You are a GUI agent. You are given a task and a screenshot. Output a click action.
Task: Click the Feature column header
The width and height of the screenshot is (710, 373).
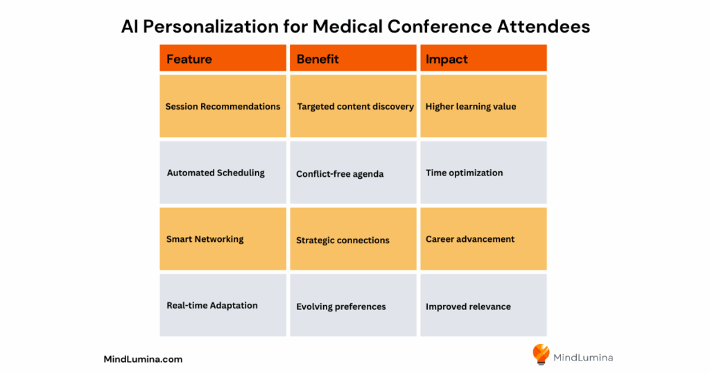pos(223,58)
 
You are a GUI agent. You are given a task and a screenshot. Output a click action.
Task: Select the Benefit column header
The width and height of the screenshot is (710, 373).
pos(353,58)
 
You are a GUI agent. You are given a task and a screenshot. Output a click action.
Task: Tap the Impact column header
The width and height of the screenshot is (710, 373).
pos(483,58)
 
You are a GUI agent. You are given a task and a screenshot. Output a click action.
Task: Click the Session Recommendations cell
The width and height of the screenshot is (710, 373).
pos(223,106)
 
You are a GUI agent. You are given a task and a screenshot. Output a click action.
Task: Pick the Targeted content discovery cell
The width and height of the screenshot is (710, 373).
pos(353,106)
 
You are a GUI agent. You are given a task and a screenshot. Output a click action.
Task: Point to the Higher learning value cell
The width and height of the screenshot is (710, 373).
pos(483,106)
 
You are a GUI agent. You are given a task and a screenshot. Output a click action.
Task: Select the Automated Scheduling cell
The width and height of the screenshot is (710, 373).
pos(223,173)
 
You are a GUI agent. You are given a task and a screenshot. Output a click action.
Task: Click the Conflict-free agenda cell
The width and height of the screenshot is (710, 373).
pos(353,173)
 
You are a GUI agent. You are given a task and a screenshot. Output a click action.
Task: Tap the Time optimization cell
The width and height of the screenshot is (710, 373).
pos(483,173)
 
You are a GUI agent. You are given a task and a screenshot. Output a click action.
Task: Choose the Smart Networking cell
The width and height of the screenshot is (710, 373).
pos(223,239)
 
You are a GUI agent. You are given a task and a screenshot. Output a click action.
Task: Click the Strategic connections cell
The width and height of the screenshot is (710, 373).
pos(353,239)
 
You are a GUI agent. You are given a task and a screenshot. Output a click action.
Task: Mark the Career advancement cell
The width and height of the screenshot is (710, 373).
pos(483,239)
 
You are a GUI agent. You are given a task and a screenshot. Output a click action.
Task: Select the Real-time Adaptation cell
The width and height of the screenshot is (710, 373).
pos(223,305)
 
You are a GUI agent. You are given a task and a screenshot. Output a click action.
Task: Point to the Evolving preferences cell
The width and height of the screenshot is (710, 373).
pos(353,305)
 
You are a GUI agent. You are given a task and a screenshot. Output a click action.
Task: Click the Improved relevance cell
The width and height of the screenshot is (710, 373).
pos(483,305)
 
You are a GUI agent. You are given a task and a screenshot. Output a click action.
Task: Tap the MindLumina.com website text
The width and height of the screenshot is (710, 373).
pos(143,359)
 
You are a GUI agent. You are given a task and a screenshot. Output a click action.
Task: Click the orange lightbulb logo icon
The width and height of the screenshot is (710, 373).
pos(541,354)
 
